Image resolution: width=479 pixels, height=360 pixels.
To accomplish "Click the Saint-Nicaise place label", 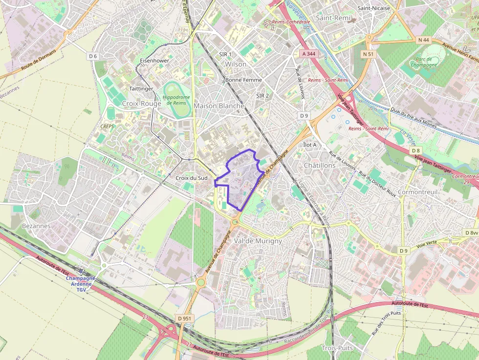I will (x=374, y=8).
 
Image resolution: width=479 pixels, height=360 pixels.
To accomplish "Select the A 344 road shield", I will (x=309, y=54).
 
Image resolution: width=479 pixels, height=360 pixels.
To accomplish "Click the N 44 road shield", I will (x=423, y=40).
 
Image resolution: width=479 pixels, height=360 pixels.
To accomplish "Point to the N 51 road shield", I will (x=368, y=54).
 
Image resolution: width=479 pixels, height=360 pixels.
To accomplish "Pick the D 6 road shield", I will (x=93, y=56).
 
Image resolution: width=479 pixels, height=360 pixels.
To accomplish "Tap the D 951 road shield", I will (x=185, y=318).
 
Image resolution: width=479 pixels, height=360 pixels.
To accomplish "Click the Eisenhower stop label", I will (x=154, y=61).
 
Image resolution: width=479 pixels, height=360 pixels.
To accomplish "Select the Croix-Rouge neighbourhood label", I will (x=141, y=104).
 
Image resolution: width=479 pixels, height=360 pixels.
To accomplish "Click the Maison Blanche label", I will (x=219, y=106).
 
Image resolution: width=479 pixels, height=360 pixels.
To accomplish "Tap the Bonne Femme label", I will (x=243, y=80).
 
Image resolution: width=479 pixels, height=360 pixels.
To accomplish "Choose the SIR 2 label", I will (x=262, y=96).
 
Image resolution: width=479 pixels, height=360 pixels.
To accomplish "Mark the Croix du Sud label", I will (x=191, y=178).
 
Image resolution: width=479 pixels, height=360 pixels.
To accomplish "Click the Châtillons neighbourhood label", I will (x=320, y=165).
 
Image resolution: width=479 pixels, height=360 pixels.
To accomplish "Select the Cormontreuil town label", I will (x=417, y=192).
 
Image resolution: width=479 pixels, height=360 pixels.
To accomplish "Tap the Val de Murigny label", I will (x=258, y=241).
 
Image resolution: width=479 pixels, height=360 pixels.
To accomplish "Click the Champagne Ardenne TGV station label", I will (x=81, y=284).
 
